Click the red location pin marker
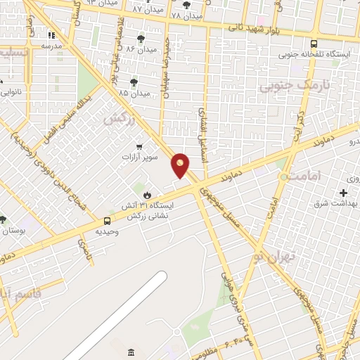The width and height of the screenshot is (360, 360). point(181,165)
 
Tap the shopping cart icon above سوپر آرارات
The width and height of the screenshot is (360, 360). point(139,147)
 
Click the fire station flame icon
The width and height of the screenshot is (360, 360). point(146,195)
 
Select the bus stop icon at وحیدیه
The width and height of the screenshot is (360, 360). point(108,221)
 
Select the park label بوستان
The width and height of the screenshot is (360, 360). point(13,231)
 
